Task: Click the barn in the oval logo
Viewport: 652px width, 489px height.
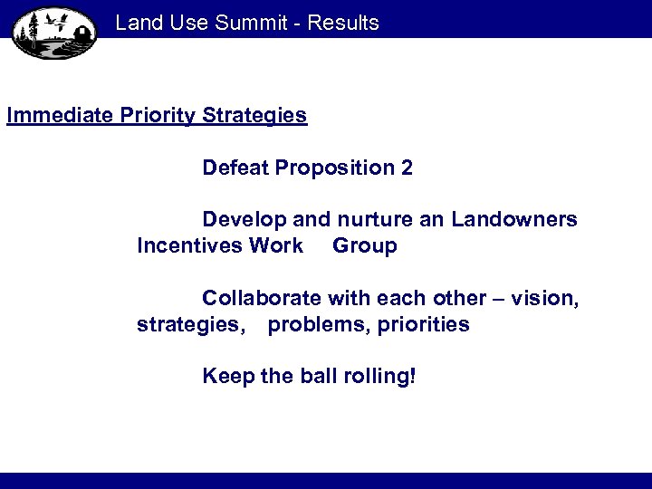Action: point(81,34)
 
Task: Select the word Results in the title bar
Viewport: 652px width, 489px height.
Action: point(343,23)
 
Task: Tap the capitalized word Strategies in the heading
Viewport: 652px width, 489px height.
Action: point(255,116)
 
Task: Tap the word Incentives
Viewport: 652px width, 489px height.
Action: point(186,245)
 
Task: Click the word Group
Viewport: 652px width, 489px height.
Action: point(365,246)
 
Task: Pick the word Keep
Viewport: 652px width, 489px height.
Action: point(227,376)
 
